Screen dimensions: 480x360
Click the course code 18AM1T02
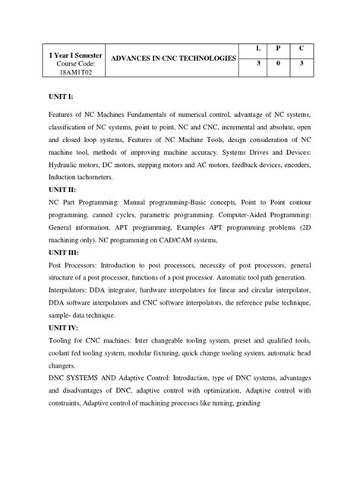[x=62, y=76]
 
